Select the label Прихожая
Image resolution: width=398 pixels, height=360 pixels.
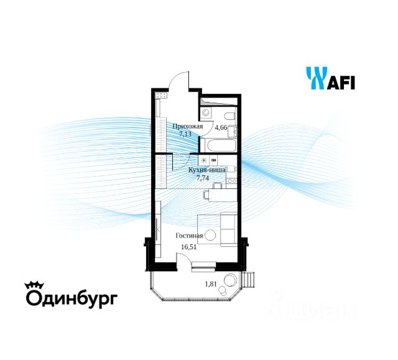pos(187,126)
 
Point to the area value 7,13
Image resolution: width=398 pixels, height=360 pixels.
pos(185,134)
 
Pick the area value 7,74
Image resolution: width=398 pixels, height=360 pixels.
pos(203,177)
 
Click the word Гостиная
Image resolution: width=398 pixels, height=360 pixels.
pos(189,236)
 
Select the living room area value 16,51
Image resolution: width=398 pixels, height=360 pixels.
pos(188,246)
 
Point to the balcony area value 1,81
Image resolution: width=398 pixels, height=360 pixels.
pos(213,285)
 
